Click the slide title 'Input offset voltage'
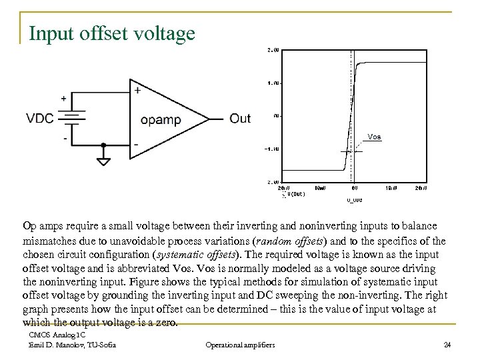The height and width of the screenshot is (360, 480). pos(112,33)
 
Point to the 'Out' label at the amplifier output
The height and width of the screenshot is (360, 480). pos(239,119)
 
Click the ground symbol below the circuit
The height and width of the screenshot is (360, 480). pos(103,161)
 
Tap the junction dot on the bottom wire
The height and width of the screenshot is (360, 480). pos(103,144)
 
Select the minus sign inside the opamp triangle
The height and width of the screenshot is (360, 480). pos(137,144)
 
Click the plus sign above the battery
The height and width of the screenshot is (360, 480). pos(64,98)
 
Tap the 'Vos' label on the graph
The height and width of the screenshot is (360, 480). pos(375,137)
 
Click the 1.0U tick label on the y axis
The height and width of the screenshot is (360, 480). pos(273,83)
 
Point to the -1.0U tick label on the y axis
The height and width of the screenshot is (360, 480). pos(272,149)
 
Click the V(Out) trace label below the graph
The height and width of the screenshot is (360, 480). pos(294,195)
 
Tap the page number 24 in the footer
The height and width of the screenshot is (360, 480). pos(447,345)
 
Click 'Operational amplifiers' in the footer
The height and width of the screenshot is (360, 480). pos(240,345)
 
